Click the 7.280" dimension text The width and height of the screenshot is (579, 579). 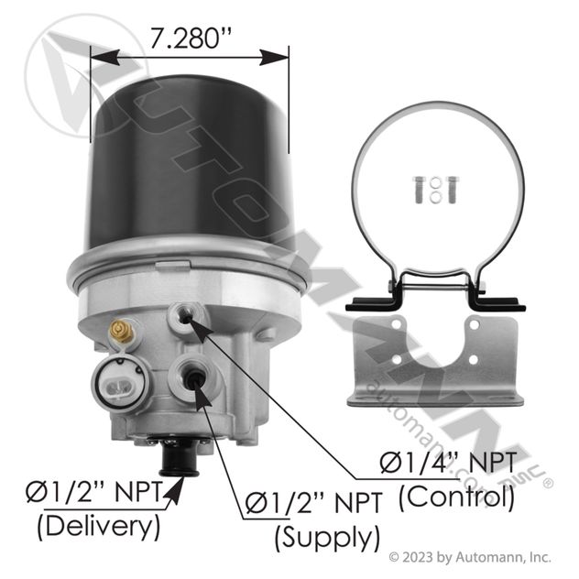click(191, 38)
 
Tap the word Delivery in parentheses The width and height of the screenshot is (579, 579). click(99, 526)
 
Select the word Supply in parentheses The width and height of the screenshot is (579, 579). click(327, 537)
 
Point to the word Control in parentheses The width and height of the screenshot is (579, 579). click(456, 497)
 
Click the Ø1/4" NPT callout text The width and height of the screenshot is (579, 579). click(448, 463)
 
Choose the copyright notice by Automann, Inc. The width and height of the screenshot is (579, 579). click(470, 557)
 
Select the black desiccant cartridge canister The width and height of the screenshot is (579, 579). click(191, 162)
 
